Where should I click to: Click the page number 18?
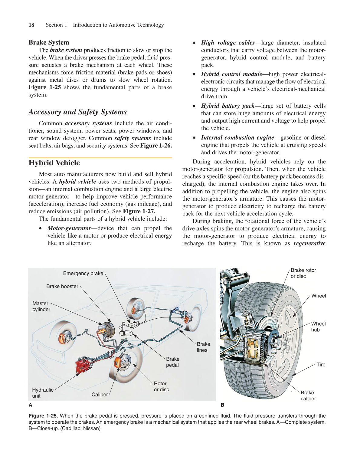[x=31, y=25]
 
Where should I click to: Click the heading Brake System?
[x=49, y=42]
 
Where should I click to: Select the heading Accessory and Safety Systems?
[x=77, y=112]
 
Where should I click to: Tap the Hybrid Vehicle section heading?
[x=54, y=163]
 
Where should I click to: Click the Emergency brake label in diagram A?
[x=83, y=274]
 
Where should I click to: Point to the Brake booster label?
[x=62, y=287]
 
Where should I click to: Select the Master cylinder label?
[x=41, y=306]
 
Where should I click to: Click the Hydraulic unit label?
[x=42, y=393]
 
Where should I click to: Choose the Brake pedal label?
[x=172, y=362]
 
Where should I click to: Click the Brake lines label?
[x=203, y=347]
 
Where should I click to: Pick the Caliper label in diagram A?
[x=100, y=395]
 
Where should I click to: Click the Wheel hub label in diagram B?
[x=318, y=327]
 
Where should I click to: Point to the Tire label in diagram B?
[x=321, y=365]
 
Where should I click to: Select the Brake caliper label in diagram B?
[x=308, y=396]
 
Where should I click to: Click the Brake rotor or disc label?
[x=303, y=273]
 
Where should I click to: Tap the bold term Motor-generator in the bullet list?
[x=69, y=228]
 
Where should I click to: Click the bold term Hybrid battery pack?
[x=227, y=106]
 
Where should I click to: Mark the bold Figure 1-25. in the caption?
[x=43, y=416]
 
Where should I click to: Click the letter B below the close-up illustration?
[x=222, y=405]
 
